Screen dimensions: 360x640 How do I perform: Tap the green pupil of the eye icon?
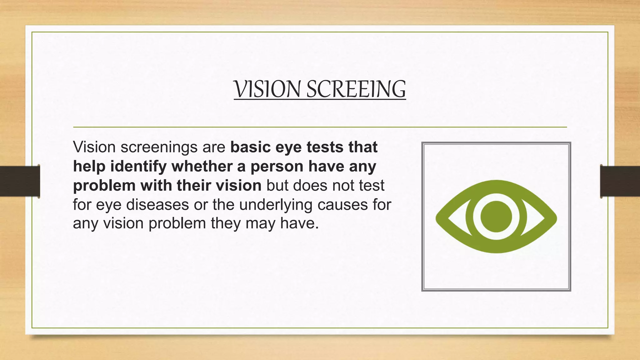[496, 217]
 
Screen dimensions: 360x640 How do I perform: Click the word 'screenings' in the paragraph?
[159, 147]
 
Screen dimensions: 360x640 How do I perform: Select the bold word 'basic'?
[250, 147]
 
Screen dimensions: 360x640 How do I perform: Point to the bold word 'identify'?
[138, 166]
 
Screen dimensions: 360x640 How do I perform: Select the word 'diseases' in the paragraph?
[157, 205]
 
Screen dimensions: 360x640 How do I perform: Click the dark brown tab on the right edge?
[620, 181]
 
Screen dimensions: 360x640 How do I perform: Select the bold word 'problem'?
[104, 186]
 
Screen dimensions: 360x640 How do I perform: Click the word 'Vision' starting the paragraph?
[94, 147]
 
